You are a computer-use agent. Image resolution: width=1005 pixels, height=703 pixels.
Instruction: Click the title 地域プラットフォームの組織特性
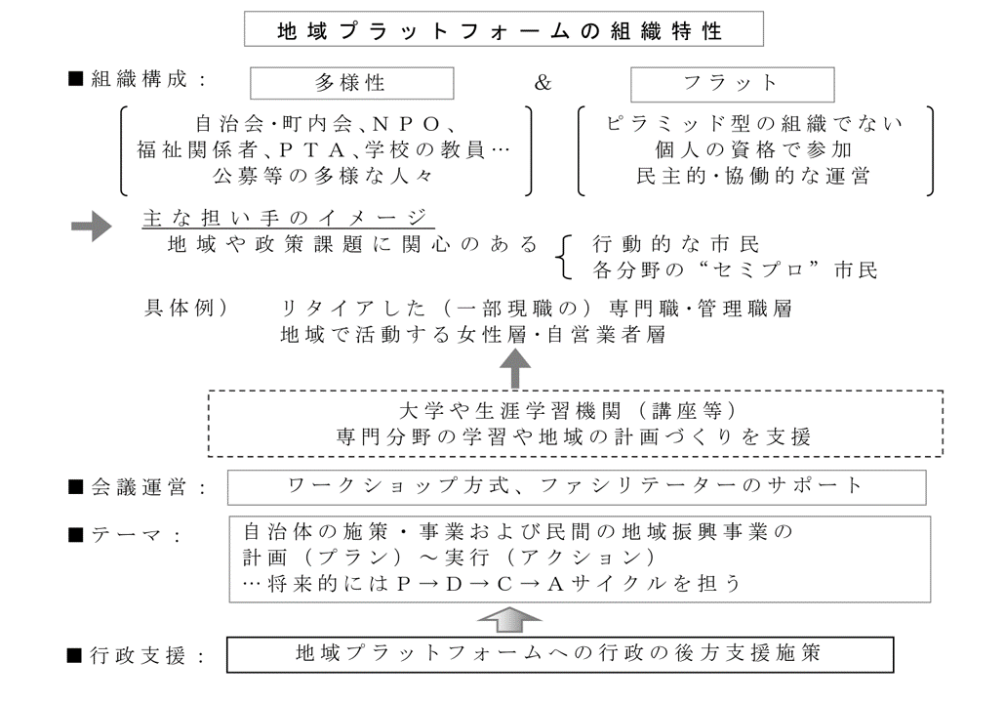502,31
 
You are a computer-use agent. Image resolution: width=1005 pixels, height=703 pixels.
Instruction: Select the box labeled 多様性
351,83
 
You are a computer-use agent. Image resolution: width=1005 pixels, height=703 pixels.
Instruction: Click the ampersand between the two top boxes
543,83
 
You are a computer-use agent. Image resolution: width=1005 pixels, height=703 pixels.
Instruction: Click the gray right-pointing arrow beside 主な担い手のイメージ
93,227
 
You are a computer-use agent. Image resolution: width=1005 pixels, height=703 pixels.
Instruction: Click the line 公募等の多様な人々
323,177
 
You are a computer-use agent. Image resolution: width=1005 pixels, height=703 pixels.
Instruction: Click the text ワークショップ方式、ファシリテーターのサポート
577,485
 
